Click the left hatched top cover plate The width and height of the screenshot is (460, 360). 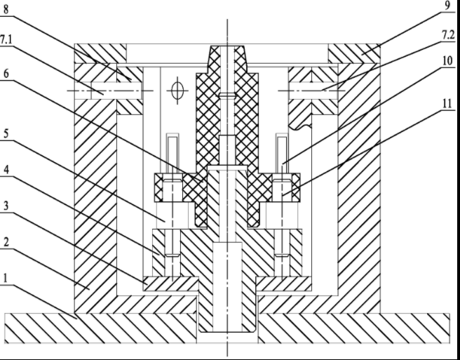(x=101, y=53)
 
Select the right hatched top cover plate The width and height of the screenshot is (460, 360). (x=354, y=53)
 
